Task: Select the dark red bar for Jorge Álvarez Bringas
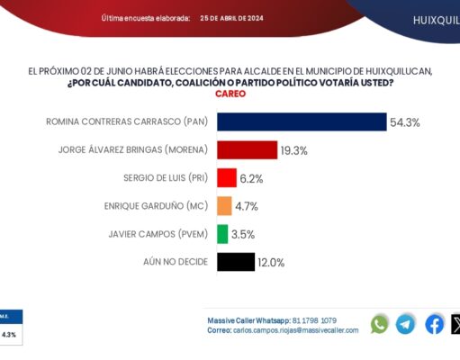point(247,150)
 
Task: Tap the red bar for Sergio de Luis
point(227,178)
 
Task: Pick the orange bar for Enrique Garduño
point(224,206)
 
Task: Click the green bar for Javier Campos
point(222,234)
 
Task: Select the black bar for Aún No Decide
point(235,262)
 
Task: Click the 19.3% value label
point(295,150)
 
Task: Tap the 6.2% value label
point(252,179)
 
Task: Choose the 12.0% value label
point(272,263)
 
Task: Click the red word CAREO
point(230,94)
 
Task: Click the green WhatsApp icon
point(380,324)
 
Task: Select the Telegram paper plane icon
point(406,324)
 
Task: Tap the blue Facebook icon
point(434,324)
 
